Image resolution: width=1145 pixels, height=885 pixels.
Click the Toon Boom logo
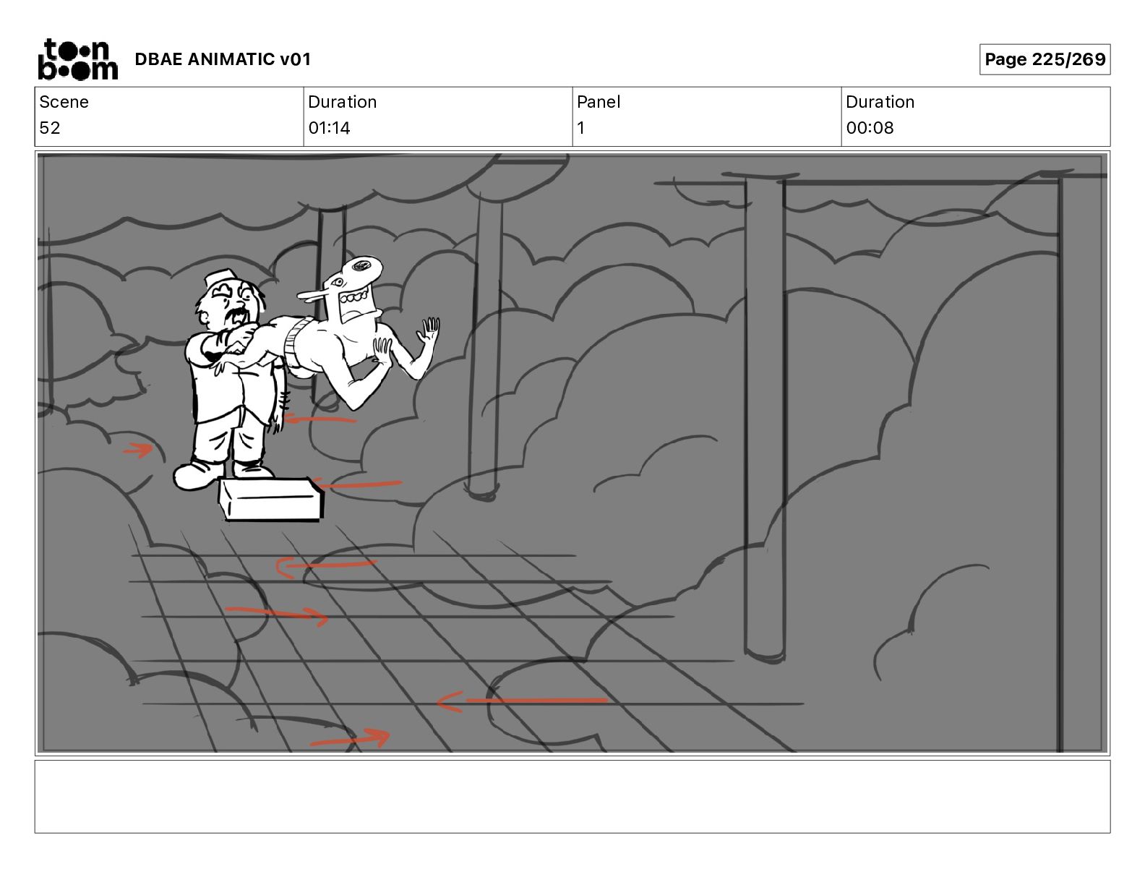[78, 59]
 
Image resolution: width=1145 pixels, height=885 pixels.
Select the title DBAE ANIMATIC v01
[223, 59]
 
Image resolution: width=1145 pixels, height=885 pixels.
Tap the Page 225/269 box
[1045, 59]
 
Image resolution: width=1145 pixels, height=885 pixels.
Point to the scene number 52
[50, 127]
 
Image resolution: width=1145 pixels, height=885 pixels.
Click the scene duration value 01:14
[330, 127]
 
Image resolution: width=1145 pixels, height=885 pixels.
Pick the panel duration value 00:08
[870, 127]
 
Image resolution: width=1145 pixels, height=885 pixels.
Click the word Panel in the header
[599, 102]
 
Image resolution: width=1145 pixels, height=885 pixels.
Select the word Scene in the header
[64, 102]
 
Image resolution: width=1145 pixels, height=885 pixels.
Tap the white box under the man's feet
[271, 499]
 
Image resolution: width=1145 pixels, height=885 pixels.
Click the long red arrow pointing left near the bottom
[522, 701]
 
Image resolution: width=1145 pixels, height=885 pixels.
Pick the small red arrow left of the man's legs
[138, 450]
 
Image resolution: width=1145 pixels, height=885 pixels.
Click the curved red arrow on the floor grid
[325, 565]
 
